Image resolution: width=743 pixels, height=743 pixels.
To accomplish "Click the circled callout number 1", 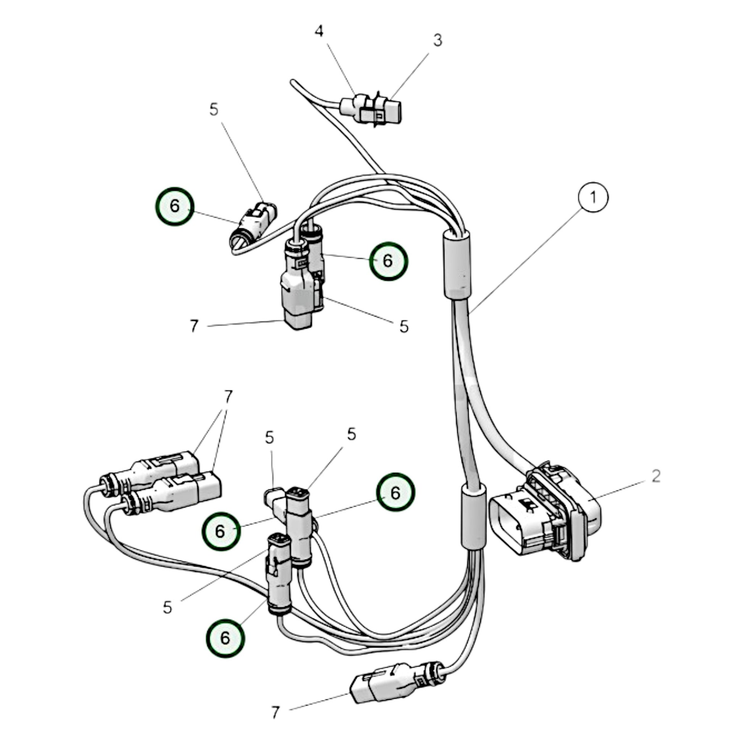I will tap(593, 197).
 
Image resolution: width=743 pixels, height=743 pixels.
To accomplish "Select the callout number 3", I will tap(438, 40).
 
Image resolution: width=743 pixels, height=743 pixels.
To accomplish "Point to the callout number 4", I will tap(319, 32).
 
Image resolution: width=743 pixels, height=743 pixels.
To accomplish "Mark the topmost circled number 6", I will tap(174, 206).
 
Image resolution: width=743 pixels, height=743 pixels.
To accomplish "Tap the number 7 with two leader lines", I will tap(228, 396).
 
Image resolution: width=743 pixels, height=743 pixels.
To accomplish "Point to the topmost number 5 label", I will tap(214, 109).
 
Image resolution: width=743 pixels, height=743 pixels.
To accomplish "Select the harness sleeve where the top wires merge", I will tap(457, 264).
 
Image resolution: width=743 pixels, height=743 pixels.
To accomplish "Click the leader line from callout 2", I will tap(623, 488).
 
